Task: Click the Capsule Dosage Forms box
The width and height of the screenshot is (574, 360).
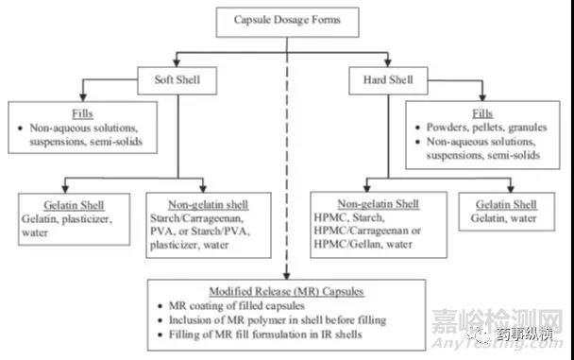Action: pos(286,18)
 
